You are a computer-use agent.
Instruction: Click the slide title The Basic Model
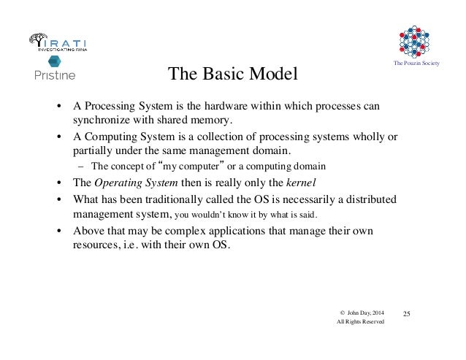click(x=234, y=74)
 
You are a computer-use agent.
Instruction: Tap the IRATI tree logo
click(x=39, y=42)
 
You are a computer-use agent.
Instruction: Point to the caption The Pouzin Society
click(x=416, y=67)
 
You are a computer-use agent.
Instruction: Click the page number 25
click(x=408, y=314)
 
